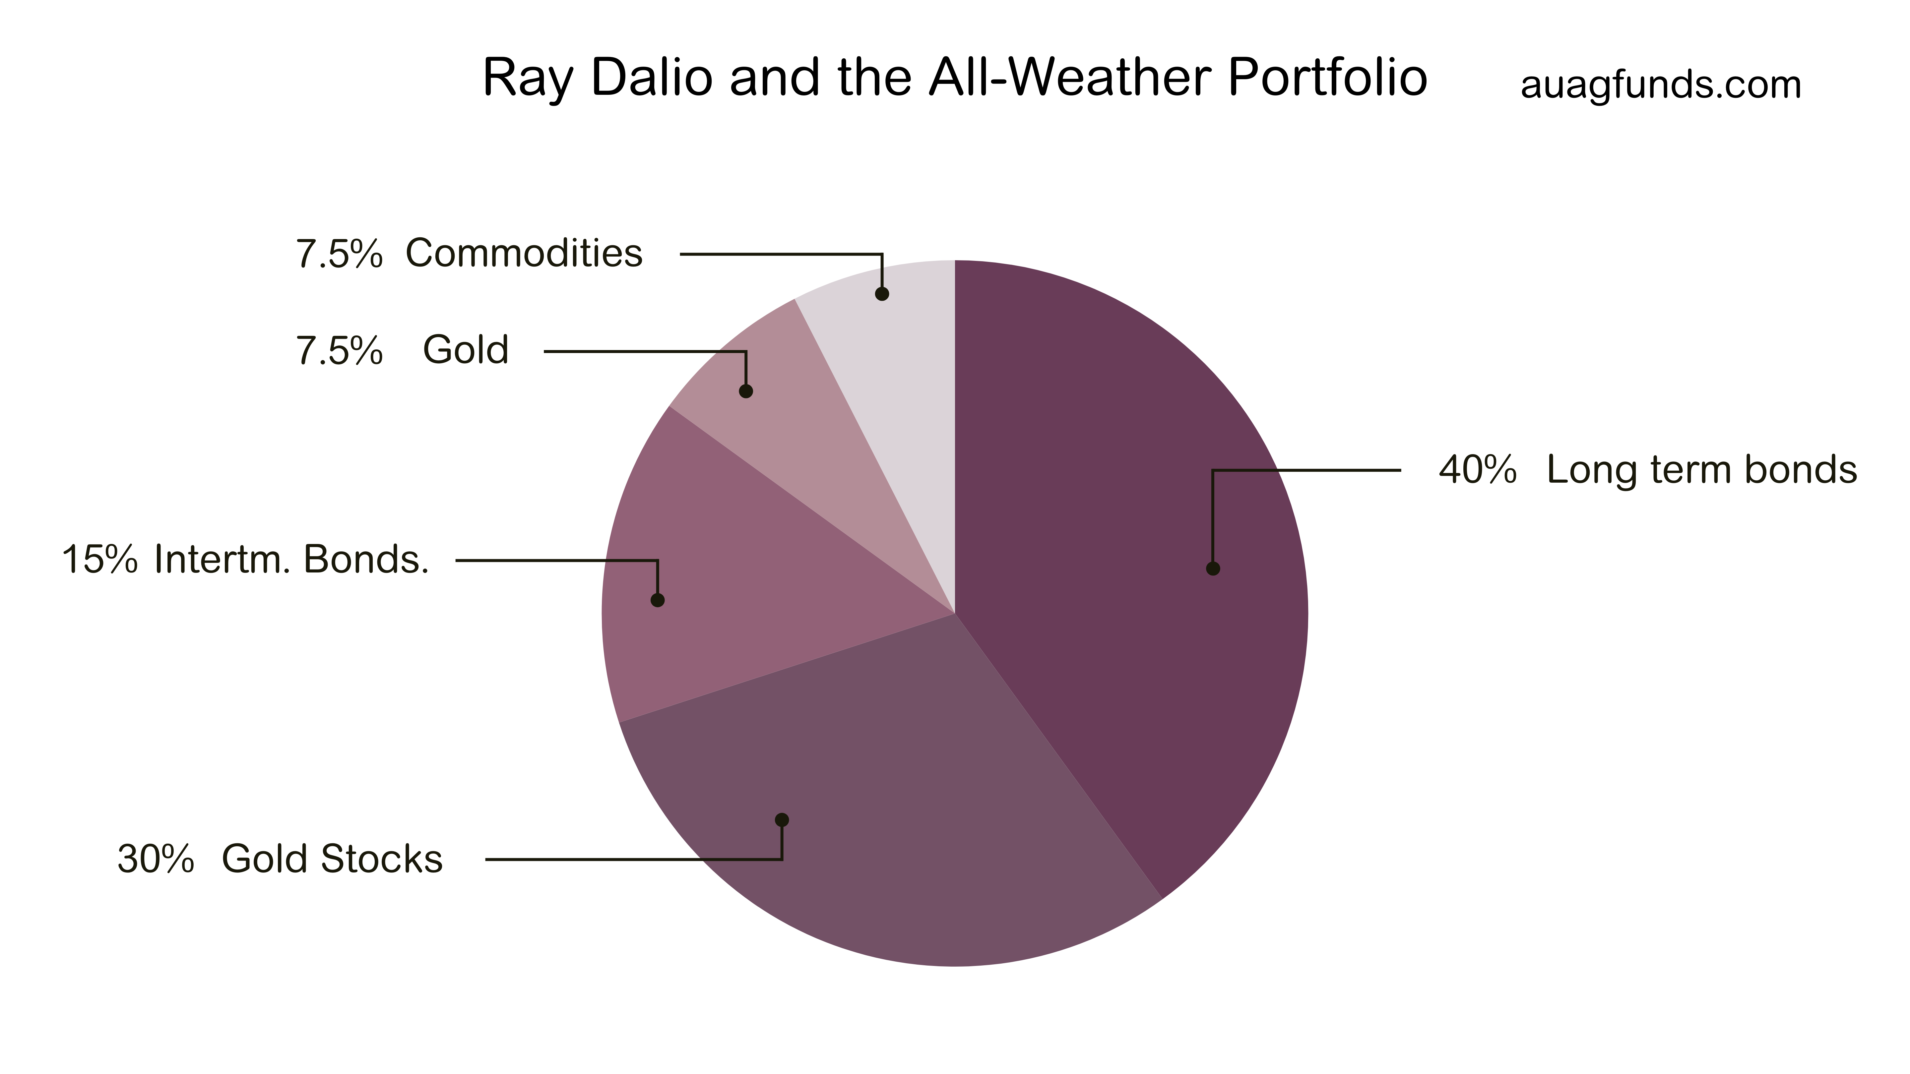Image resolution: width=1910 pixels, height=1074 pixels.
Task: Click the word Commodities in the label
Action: click(x=524, y=254)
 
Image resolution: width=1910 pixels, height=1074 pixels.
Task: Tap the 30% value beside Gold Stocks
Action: click(x=156, y=860)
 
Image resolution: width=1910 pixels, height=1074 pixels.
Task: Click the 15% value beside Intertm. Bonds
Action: click(x=99, y=560)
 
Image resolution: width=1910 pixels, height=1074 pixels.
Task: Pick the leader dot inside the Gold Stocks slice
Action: click(x=782, y=820)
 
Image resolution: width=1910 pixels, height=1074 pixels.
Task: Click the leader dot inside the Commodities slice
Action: click(x=882, y=293)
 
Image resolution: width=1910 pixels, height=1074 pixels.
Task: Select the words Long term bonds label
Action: click(x=1702, y=470)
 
